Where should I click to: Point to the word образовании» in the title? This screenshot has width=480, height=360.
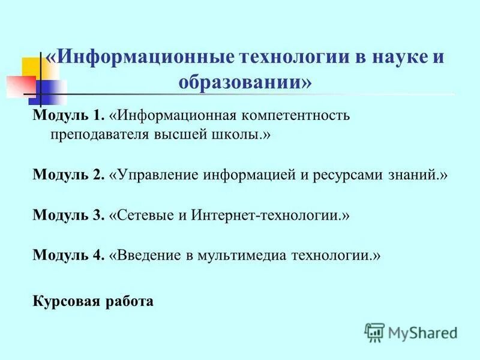tap(245, 82)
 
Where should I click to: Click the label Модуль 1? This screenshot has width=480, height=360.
tap(68, 115)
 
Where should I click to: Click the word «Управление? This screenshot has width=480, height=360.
tap(154, 175)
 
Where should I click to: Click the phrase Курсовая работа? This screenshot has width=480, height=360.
tap(93, 301)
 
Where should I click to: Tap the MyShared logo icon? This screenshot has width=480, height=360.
tap(374, 331)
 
